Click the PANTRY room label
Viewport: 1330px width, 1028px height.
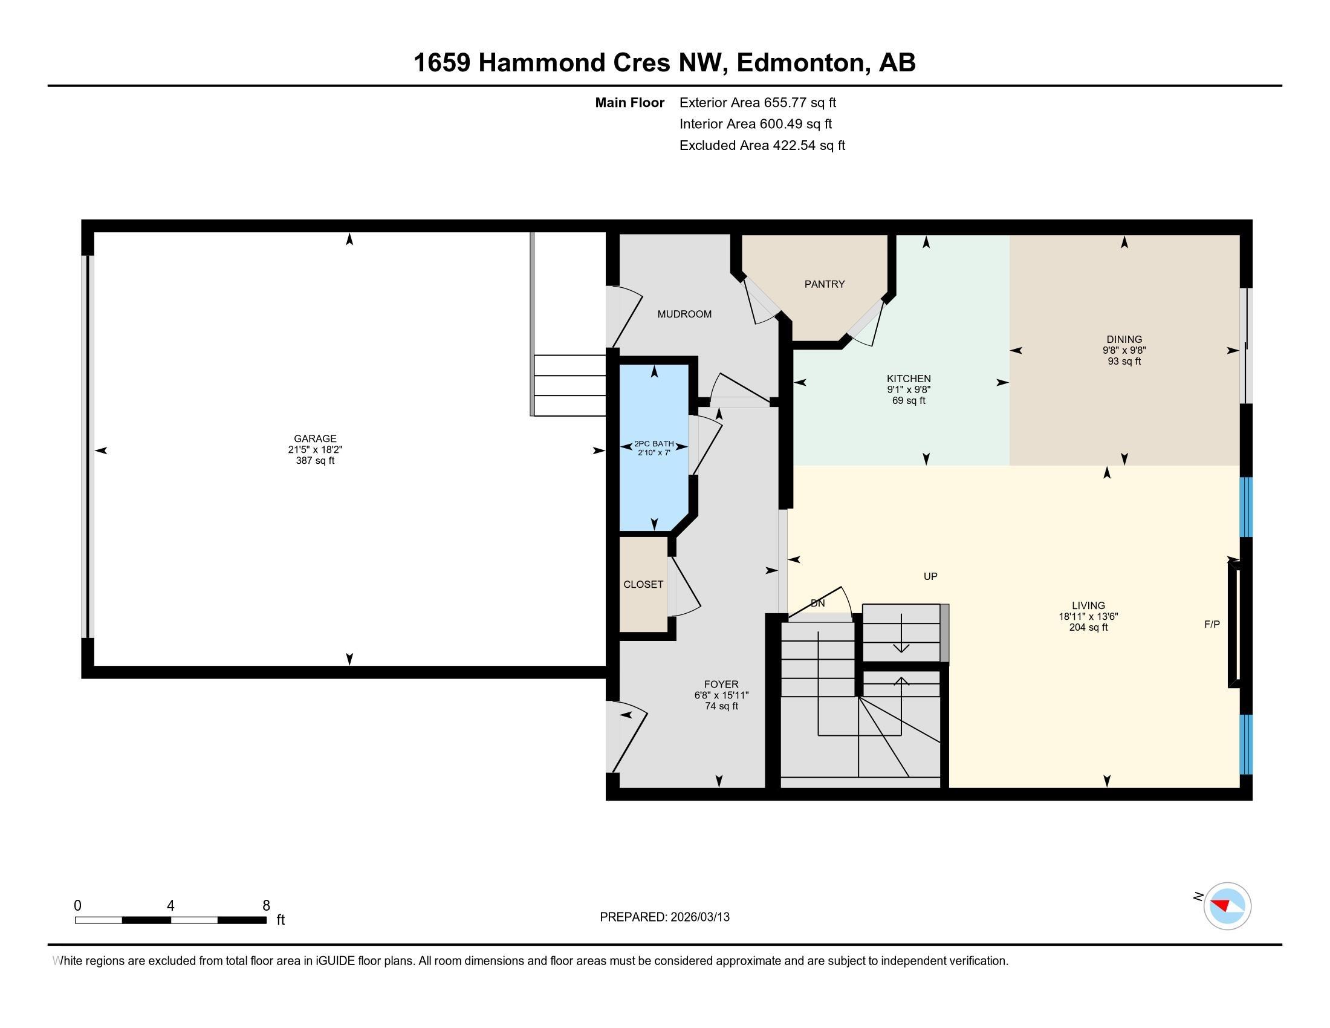pos(824,284)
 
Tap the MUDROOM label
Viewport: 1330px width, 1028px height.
pos(684,314)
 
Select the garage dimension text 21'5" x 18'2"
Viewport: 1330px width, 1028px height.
pos(315,449)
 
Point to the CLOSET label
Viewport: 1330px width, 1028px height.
pos(643,584)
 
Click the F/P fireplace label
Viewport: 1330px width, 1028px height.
pos(1212,624)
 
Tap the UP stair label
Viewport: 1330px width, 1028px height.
pos(930,576)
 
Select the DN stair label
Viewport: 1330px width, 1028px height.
pos(817,603)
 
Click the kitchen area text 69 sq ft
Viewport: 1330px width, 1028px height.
pos(908,401)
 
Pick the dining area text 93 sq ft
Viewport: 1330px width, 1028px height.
pos(1124,361)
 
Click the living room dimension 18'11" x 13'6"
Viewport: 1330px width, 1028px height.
pos(1088,616)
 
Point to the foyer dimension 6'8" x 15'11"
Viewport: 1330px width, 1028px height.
pos(721,695)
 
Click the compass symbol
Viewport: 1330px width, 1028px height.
pos(1227,906)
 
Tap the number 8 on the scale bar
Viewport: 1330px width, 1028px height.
pos(265,905)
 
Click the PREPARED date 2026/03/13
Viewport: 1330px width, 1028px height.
pos(698,917)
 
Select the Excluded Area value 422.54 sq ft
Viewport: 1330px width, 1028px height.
pos(808,146)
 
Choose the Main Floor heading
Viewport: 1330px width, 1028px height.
pos(629,103)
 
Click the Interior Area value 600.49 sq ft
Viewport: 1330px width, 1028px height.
pos(795,124)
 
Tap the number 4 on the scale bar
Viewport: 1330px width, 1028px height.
pos(170,905)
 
